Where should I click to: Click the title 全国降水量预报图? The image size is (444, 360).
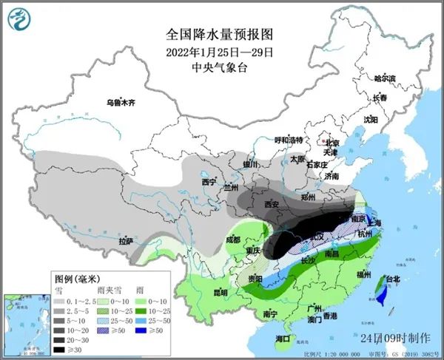click(x=221, y=35)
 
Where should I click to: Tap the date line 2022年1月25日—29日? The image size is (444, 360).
click(x=221, y=52)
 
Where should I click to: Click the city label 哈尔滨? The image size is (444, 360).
click(x=385, y=78)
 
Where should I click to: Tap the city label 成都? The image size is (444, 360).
click(x=233, y=240)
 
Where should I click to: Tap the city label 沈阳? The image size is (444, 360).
click(x=371, y=118)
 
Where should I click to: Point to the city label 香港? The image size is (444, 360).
click(x=329, y=316)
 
